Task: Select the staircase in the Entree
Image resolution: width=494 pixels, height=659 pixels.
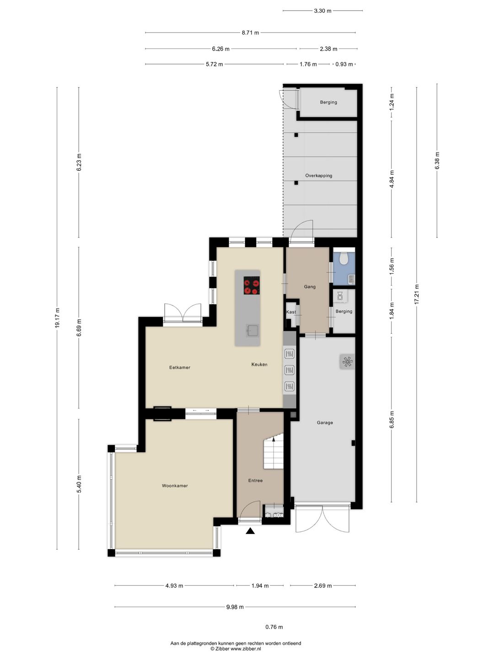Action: pyautogui.click(x=274, y=453)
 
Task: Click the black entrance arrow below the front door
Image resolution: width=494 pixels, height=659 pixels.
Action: pyautogui.click(x=250, y=531)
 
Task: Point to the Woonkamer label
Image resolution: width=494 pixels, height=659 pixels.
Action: pyautogui.click(x=175, y=486)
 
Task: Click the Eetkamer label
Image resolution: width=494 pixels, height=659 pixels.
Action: pyautogui.click(x=180, y=367)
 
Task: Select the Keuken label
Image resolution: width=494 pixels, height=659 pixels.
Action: pyautogui.click(x=259, y=364)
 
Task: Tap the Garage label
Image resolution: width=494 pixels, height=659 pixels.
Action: pyautogui.click(x=325, y=423)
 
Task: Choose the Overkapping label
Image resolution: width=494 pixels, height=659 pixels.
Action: pyautogui.click(x=319, y=176)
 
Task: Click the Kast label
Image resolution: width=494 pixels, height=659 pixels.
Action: pyautogui.click(x=291, y=312)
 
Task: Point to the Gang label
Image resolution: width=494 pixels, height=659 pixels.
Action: pyautogui.click(x=310, y=287)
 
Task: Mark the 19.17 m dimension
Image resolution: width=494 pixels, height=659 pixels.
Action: pyautogui.click(x=57, y=318)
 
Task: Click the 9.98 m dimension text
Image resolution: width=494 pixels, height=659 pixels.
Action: pyautogui.click(x=235, y=607)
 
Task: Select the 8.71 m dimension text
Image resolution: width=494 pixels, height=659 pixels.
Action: pyautogui.click(x=250, y=33)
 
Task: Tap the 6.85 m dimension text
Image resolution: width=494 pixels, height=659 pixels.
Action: pyautogui.click(x=392, y=420)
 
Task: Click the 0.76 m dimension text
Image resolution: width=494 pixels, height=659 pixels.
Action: pyautogui.click(x=274, y=627)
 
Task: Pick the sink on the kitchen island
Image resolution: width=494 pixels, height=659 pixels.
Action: pyautogui.click(x=252, y=329)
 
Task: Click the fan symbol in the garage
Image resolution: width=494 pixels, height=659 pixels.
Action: pyautogui.click(x=347, y=362)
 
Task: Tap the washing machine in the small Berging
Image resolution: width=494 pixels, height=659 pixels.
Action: pyautogui.click(x=340, y=296)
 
